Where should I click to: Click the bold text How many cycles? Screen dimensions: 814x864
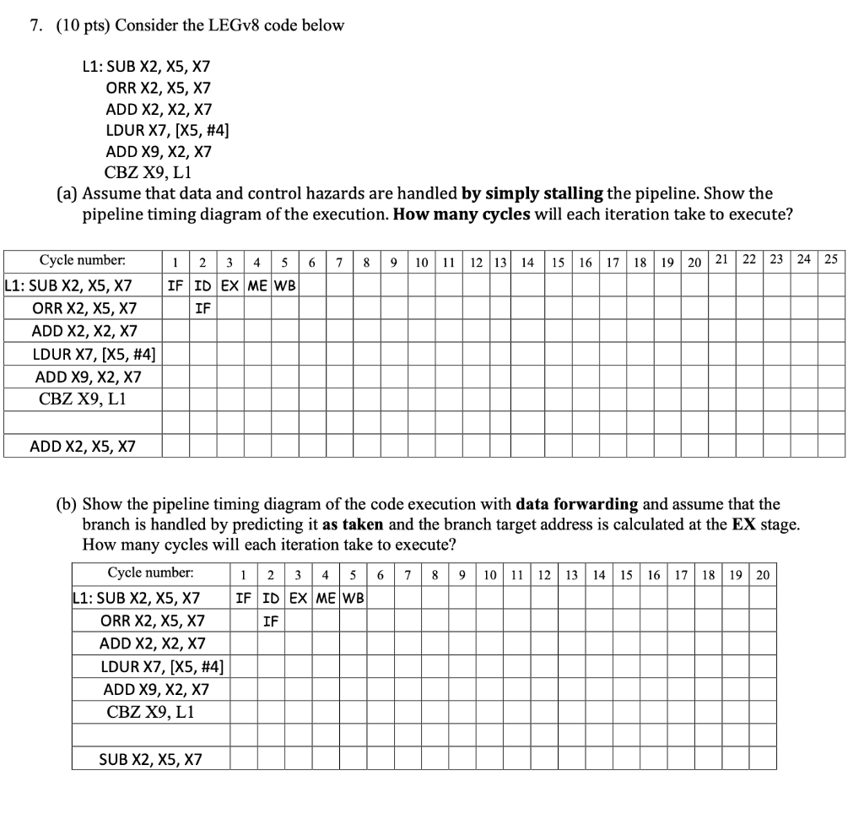tap(462, 214)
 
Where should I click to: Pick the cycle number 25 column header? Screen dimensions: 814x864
tap(831, 258)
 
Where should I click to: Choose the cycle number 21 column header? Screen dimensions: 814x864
tap(722, 258)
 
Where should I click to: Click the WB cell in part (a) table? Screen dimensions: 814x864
tap(285, 285)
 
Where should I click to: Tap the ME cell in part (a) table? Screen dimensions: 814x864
tap(259, 285)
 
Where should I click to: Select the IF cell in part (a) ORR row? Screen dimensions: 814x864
tap(202, 308)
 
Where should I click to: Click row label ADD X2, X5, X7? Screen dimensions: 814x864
tap(83, 445)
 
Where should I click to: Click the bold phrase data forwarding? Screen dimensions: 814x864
tap(576, 505)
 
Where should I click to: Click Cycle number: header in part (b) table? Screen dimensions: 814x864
tap(151, 573)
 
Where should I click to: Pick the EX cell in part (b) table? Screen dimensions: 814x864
tap(299, 599)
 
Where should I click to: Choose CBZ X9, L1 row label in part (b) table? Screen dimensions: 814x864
tap(151, 712)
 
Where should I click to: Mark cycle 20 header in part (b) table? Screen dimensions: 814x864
tap(762, 575)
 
